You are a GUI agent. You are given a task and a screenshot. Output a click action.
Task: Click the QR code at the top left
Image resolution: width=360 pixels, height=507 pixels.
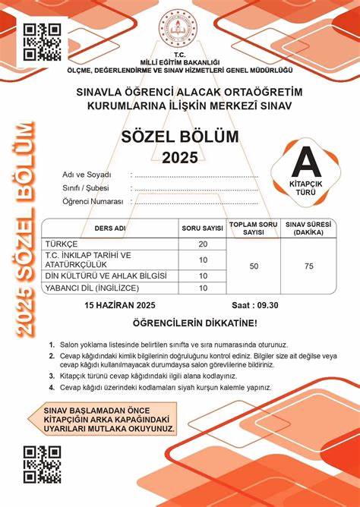coord(43,41)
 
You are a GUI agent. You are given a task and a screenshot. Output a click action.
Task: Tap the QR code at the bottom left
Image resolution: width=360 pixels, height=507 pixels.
coord(43,463)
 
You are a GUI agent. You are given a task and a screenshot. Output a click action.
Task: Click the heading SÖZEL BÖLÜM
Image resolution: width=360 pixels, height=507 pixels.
coord(179,137)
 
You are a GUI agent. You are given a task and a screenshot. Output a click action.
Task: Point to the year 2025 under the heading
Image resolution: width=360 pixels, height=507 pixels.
coord(179,157)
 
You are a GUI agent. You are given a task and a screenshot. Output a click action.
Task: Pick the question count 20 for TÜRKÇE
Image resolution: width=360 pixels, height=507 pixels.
coord(203,244)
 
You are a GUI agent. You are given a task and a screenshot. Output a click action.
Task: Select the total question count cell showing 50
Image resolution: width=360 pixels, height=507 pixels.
coord(254,266)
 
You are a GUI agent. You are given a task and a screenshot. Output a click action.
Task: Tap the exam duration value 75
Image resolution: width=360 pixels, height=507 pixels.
coord(308,266)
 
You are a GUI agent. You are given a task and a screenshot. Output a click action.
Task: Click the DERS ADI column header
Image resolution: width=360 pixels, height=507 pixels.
coord(110,228)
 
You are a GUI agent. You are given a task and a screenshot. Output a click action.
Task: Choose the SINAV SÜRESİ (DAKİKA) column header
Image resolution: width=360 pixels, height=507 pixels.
coord(308,228)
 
